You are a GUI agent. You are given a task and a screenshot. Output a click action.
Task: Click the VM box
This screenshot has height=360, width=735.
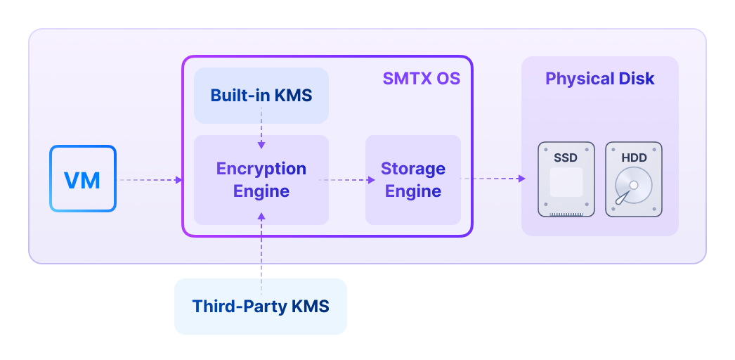(x=82, y=179)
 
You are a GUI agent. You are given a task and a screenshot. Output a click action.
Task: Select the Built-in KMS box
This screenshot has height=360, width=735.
(x=261, y=95)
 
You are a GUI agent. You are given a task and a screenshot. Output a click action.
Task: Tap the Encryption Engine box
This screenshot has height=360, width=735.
(x=261, y=179)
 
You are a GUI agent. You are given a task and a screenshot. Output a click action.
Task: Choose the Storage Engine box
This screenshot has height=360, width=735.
(x=412, y=179)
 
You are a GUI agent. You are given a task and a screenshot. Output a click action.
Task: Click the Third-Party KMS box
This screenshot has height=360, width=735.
(x=260, y=307)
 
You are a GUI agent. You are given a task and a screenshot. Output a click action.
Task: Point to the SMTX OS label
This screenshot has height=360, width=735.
(x=421, y=79)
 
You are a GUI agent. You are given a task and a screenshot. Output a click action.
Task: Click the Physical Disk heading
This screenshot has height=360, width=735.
(x=599, y=79)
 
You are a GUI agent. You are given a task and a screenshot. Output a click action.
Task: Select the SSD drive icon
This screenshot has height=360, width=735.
(x=566, y=179)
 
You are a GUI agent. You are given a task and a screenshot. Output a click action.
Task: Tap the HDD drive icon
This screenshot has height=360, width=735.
(x=633, y=179)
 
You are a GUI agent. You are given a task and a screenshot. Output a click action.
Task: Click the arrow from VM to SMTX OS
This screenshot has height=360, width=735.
(x=150, y=180)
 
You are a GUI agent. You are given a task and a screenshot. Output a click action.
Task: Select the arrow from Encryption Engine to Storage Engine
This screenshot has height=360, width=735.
(x=346, y=179)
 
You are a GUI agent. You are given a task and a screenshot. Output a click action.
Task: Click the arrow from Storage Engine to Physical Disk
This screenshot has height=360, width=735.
(x=493, y=179)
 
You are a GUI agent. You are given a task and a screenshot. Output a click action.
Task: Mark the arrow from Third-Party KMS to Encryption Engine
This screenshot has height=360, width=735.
(x=261, y=253)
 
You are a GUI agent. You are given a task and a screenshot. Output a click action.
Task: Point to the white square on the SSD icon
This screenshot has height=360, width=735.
(x=566, y=183)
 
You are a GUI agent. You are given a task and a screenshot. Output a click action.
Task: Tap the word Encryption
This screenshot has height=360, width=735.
(x=261, y=169)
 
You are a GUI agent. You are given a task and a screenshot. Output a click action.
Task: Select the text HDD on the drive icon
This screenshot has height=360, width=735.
(x=633, y=158)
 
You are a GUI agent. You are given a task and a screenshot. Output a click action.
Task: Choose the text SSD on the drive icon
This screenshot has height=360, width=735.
(x=566, y=158)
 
